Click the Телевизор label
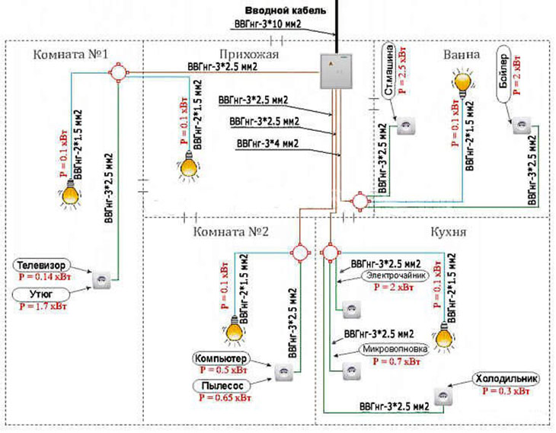point(45,266)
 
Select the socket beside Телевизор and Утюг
point(101,280)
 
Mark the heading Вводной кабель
point(286,11)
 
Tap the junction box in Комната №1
point(118,73)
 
